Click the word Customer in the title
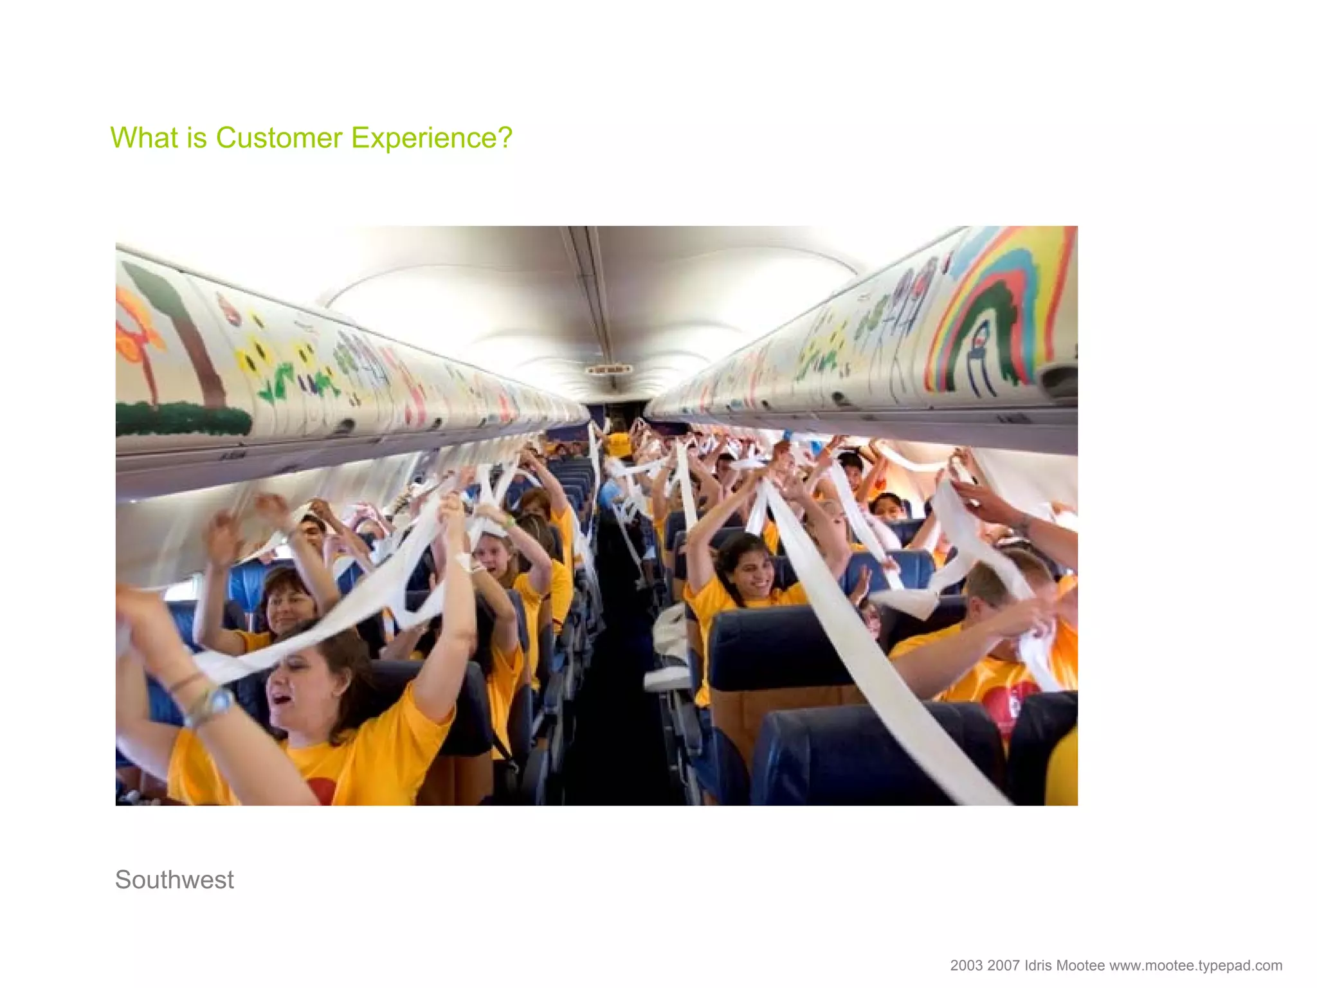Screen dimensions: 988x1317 click(279, 138)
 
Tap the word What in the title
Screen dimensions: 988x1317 click(145, 138)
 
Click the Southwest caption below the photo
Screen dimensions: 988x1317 click(174, 879)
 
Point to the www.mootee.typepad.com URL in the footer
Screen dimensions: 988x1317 click(1196, 965)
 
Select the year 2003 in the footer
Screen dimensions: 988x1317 click(967, 965)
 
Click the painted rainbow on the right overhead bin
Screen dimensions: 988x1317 click(1003, 302)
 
